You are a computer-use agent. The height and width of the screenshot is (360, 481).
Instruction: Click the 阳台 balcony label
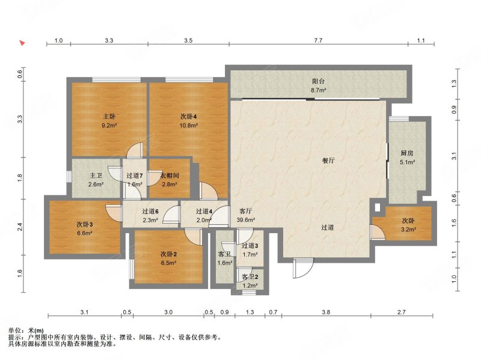[318, 81]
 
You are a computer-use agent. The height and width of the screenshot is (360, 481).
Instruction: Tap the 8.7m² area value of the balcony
[318, 90]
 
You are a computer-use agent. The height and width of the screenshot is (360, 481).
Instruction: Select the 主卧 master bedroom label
[109, 117]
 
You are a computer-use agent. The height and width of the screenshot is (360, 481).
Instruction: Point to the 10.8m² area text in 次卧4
[188, 126]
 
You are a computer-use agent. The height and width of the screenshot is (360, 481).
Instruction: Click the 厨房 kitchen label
[407, 153]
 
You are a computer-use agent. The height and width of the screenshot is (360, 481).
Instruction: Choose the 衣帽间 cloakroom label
[170, 175]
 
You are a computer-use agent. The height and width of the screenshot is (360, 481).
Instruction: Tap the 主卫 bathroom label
[96, 175]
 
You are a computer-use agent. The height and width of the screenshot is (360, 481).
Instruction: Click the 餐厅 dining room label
[328, 160]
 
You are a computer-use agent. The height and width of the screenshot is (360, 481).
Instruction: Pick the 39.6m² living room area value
[246, 220]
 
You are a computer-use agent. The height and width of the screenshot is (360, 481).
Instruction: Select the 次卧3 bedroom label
[85, 224]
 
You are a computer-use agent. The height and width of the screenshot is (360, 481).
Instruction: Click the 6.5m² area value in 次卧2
[168, 263]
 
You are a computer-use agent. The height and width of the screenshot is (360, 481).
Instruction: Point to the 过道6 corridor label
[150, 212]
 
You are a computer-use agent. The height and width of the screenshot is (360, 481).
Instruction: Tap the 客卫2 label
[250, 277]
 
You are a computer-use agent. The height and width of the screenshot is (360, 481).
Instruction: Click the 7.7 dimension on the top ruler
[319, 40]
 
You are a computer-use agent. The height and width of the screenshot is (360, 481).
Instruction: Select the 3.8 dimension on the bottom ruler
[326, 312]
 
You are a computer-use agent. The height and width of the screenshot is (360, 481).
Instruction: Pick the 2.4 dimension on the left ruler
[20, 227]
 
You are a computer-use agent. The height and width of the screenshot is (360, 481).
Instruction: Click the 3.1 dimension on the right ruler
[455, 156]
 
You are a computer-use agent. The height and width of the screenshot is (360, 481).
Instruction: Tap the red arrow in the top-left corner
[22, 43]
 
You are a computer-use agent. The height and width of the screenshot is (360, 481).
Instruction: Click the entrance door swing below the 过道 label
[303, 268]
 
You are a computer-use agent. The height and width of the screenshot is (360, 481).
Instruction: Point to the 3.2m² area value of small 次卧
[408, 229]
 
